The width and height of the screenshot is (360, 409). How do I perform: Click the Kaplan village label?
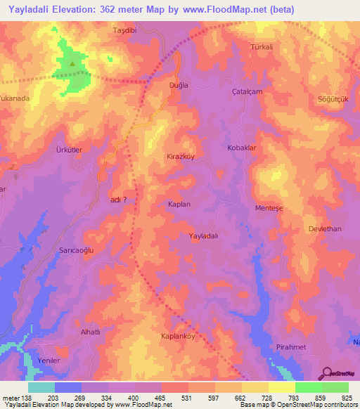click(x=179, y=204)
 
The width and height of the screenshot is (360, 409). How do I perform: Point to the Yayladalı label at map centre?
click(x=205, y=236)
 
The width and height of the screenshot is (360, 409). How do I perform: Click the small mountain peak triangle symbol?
click(x=72, y=63)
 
